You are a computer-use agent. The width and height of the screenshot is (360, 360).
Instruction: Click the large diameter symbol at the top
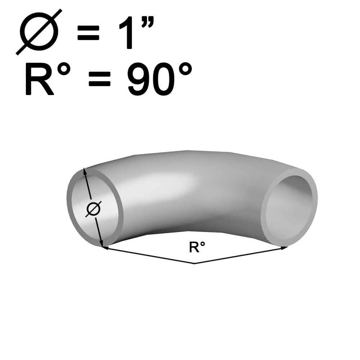click(39, 32)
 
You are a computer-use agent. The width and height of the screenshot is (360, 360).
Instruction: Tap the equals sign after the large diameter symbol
click(89, 33)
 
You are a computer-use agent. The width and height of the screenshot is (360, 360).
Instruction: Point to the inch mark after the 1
click(147, 22)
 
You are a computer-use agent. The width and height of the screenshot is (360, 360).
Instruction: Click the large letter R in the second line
click(39, 78)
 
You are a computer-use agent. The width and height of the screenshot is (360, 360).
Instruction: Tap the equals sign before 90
click(100, 78)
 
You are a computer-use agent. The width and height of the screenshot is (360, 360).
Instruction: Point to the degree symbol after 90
click(185, 69)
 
